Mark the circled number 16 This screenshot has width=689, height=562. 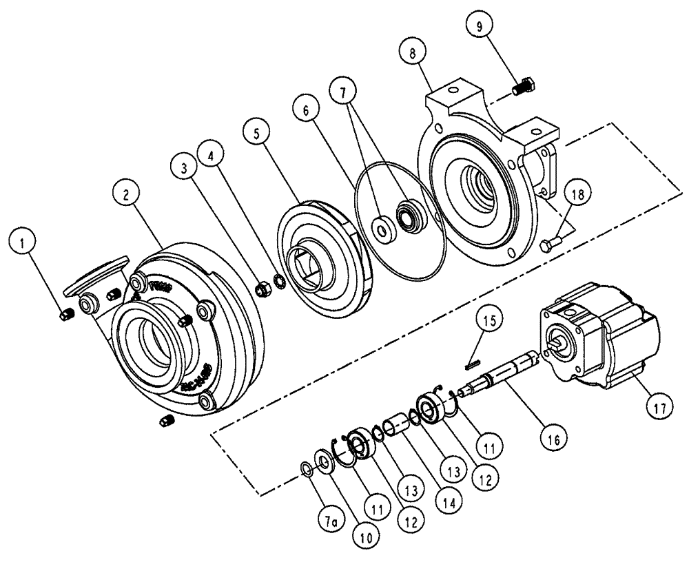coord(555,437)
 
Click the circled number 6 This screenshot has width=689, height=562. coord(306,110)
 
